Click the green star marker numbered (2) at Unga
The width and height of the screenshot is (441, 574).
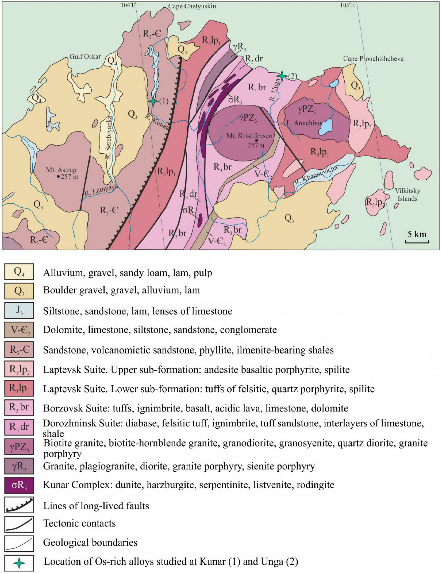(x=282, y=76)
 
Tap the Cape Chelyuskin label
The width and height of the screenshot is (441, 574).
(x=192, y=6)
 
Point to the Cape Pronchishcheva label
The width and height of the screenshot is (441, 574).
(x=373, y=59)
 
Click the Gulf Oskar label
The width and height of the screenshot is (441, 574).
(x=85, y=56)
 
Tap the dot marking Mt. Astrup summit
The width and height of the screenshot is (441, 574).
(x=58, y=177)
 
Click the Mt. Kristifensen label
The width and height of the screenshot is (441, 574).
(x=249, y=136)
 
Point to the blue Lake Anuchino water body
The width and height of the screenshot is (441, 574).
(x=326, y=127)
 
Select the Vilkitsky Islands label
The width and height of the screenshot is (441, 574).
(x=407, y=195)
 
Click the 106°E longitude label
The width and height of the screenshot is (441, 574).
(x=347, y=5)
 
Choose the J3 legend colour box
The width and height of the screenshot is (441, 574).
(x=19, y=310)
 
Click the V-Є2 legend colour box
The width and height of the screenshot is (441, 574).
(x=19, y=330)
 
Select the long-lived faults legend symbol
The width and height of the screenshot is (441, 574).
(x=19, y=506)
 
